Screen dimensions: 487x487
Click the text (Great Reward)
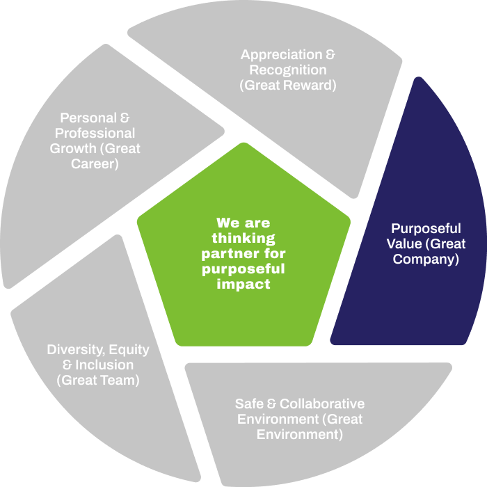coord(288,86)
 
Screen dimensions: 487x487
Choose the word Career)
coord(95,164)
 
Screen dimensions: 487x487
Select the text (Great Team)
coord(98,381)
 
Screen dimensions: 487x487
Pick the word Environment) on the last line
coord(300,435)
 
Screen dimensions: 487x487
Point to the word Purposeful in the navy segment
coord(426,229)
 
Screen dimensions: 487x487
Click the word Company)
coord(426,260)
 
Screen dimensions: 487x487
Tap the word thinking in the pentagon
coord(243,239)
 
